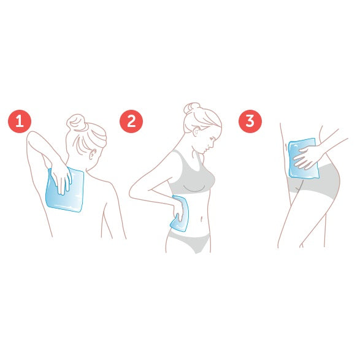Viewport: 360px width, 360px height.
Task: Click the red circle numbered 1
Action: coord(20,121)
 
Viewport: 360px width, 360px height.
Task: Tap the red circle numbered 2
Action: coord(131,121)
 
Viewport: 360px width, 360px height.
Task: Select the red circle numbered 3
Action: coord(250,121)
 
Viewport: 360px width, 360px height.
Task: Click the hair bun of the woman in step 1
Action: coord(77,123)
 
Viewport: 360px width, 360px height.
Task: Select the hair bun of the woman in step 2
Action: coord(192,109)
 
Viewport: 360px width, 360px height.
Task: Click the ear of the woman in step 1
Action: coord(93,154)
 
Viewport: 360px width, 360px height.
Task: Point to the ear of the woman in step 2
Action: coord(196,132)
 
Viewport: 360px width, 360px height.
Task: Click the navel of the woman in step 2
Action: coord(202,218)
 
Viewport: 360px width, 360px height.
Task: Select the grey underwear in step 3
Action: coord(315,182)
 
